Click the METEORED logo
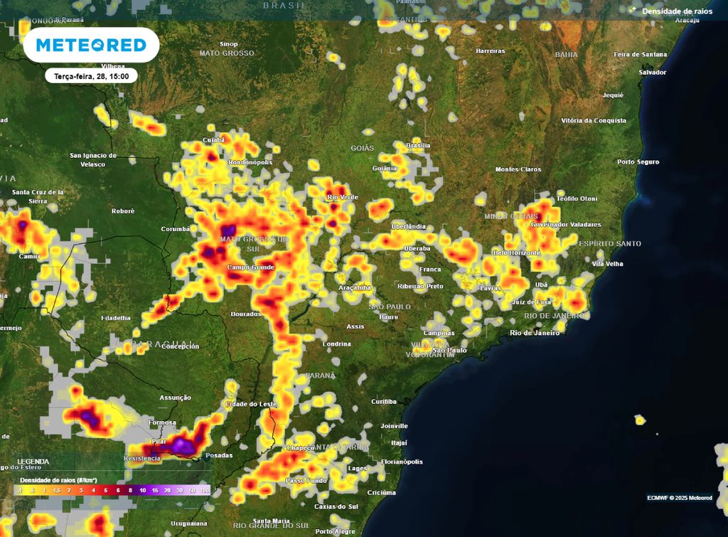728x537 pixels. (x=91, y=46)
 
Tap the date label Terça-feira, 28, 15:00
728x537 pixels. (x=91, y=76)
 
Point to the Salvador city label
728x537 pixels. (x=652, y=73)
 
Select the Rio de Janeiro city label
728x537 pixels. (x=535, y=333)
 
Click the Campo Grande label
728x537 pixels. (x=250, y=267)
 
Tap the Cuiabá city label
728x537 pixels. (x=214, y=140)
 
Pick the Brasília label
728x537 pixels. (x=417, y=145)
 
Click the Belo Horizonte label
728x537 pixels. (x=517, y=253)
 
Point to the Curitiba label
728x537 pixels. (x=383, y=402)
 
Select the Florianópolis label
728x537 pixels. (x=402, y=462)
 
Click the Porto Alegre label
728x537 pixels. (x=335, y=531)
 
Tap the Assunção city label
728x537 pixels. (x=176, y=398)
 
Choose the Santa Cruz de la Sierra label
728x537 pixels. (x=38, y=196)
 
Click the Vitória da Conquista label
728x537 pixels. (x=594, y=121)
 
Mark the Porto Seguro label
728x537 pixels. (x=638, y=162)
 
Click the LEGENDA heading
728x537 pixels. (x=33, y=462)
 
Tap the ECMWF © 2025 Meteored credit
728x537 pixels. (x=679, y=497)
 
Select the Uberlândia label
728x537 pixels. (x=408, y=226)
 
